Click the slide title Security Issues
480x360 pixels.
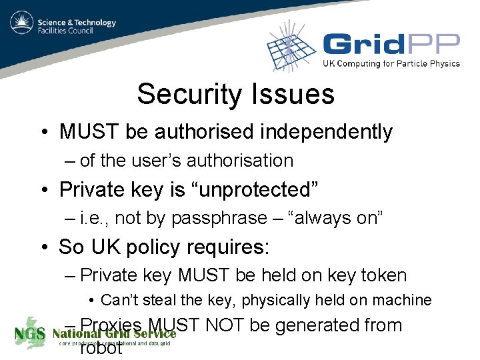point(235,94)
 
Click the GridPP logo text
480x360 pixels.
point(391,45)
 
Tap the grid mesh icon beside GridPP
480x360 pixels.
point(291,47)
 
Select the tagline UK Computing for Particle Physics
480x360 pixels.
point(391,64)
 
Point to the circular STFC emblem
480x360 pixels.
point(22,25)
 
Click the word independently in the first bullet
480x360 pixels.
point(326,132)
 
